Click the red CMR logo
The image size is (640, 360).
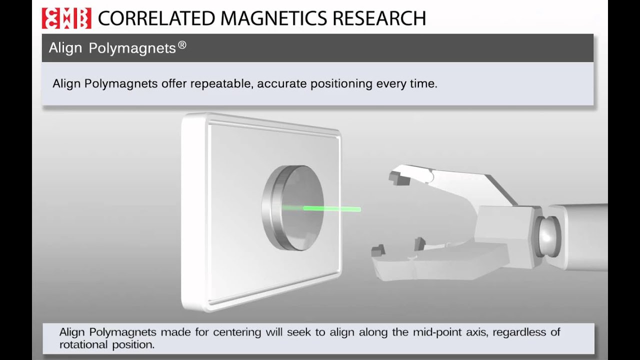pyautogui.click(x=66, y=18)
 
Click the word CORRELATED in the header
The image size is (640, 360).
pyautogui.click(x=156, y=18)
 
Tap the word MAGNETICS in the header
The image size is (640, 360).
pyautogui.click(x=273, y=18)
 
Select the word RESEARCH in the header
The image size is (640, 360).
pyautogui.click(x=379, y=18)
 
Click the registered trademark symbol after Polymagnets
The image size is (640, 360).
pyautogui.click(x=182, y=45)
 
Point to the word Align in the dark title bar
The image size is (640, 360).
pyautogui.click(x=65, y=48)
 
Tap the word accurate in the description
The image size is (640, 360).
pyautogui.click(x=281, y=84)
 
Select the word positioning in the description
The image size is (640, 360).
pyautogui.click(x=341, y=84)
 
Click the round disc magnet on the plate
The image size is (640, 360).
pyautogui.click(x=293, y=208)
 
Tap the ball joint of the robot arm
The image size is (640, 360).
pyautogui.click(x=547, y=236)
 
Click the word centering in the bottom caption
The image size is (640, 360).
pyautogui.click(x=237, y=332)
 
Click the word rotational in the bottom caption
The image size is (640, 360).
pyautogui.click(x=83, y=345)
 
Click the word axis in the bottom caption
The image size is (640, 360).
pyautogui.click(x=477, y=332)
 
